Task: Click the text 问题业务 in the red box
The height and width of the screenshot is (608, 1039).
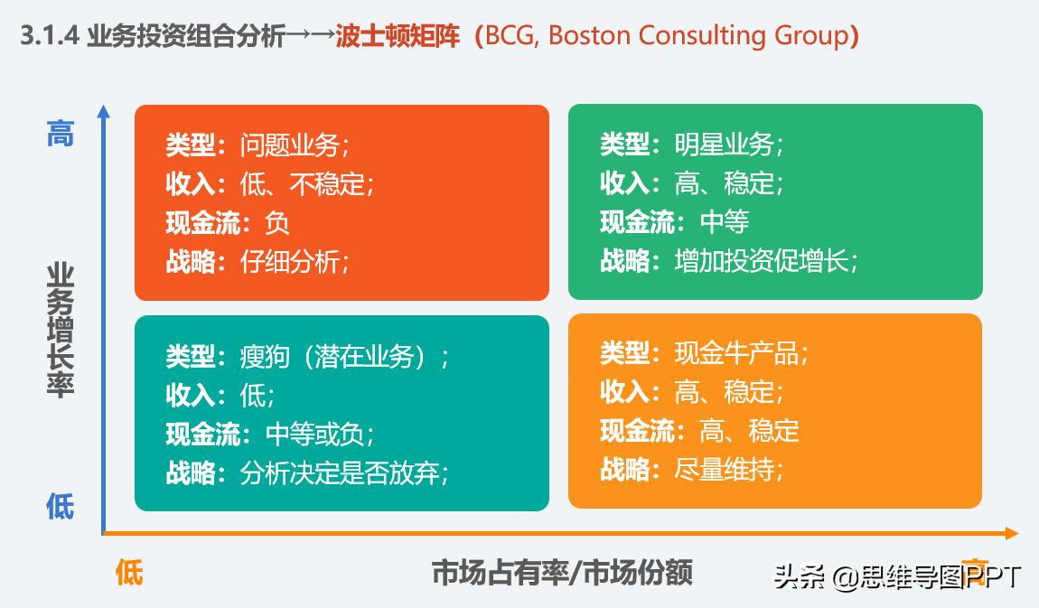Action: (290, 145)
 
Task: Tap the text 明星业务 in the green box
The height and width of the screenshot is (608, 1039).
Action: (725, 145)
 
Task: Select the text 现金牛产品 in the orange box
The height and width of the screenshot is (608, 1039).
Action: (736, 352)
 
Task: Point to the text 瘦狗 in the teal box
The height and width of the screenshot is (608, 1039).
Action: (266, 356)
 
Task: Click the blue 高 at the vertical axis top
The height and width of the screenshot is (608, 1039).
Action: (61, 135)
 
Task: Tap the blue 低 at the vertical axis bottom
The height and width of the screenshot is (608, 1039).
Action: (61, 507)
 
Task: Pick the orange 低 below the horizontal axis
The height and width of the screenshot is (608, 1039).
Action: (129, 572)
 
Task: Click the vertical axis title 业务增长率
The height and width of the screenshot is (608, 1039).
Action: (61, 330)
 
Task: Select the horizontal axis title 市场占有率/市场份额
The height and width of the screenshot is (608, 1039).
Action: (562, 573)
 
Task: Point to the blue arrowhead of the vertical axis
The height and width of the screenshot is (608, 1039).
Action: (104, 112)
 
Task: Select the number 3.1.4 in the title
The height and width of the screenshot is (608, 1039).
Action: (51, 36)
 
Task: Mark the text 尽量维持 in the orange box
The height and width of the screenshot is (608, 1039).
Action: (725, 470)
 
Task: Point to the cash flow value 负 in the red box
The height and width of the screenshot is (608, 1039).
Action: (277, 222)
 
